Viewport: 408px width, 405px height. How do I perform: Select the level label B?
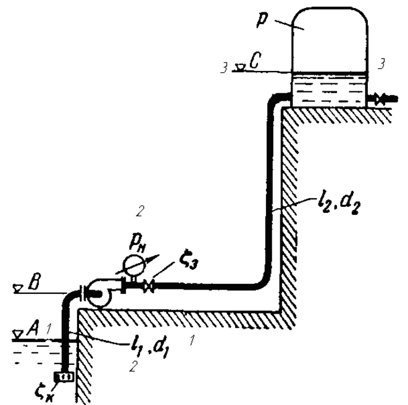click(x=36, y=286)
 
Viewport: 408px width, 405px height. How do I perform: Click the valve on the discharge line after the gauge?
click(x=149, y=285)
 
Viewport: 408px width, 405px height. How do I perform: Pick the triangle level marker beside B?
click(x=19, y=288)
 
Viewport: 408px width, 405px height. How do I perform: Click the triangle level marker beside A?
click(x=19, y=333)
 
